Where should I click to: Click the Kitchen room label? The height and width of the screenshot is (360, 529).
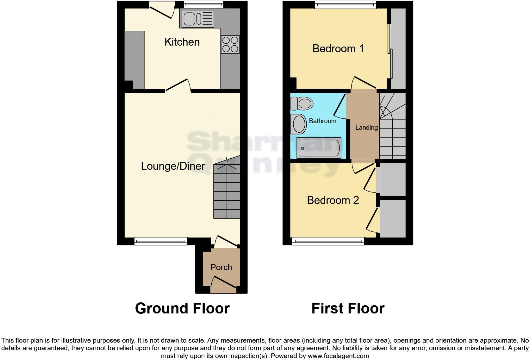182,42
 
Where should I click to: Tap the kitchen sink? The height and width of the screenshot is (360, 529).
197,18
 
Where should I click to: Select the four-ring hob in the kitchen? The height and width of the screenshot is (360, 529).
230,44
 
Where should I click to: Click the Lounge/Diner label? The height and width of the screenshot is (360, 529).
173,166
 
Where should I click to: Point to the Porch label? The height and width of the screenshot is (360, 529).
221,267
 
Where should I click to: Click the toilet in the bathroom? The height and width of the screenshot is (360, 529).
302,104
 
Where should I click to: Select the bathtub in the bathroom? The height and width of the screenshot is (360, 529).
319,148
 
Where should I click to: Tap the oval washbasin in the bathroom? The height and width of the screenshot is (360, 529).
299,124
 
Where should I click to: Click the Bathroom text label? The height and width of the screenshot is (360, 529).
322,121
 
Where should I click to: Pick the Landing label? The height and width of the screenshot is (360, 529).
366,128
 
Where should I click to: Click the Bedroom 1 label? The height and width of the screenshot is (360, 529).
338,49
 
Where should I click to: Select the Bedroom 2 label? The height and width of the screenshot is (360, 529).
333,200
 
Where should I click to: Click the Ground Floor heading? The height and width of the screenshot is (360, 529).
182,308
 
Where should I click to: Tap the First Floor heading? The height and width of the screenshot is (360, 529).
348,308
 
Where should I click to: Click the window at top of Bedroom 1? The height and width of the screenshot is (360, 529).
345,4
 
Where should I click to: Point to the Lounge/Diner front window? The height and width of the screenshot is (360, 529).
161,241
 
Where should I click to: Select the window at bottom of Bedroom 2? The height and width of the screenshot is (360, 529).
328,242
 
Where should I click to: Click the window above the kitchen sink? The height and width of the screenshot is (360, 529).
204,4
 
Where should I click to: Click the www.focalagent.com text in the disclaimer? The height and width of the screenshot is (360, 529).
338,356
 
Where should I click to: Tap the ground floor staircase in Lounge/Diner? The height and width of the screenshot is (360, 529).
227,192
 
